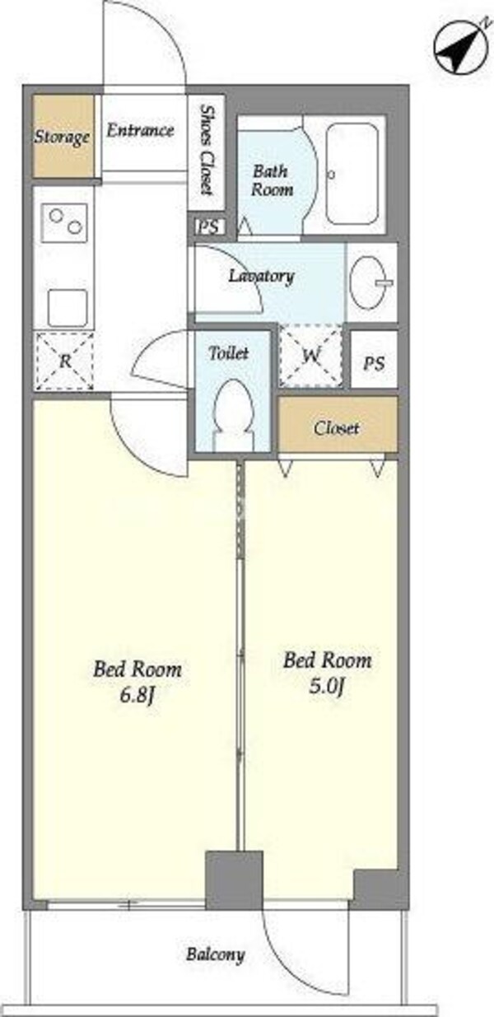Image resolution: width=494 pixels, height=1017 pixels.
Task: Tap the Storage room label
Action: pyautogui.click(x=63, y=137)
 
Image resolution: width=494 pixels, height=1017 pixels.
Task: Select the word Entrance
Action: pyautogui.click(x=140, y=131)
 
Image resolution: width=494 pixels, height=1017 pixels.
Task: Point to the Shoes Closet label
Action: pyautogui.click(x=207, y=150)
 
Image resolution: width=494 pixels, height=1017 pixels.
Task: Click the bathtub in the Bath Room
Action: pyautogui.click(x=352, y=174)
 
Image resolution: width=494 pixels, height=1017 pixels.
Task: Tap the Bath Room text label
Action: pyautogui.click(x=272, y=180)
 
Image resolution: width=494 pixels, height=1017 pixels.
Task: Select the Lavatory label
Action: pyautogui.click(x=262, y=276)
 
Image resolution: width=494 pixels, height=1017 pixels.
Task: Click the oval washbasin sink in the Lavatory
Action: pyautogui.click(x=369, y=282)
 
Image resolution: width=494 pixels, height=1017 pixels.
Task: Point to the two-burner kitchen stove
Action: pyautogui.click(x=64, y=222)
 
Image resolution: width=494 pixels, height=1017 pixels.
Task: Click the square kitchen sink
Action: pyautogui.click(x=68, y=308)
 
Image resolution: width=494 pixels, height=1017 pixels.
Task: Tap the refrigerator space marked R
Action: pyautogui.click(x=65, y=362)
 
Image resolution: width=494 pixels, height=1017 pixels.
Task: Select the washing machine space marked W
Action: pyautogui.click(x=311, y=355)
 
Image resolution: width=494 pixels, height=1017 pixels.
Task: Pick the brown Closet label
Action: pyautogui.click(x=337, y=428)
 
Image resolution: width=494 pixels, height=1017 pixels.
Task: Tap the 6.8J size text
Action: pyautogui.click(x=137, y=696)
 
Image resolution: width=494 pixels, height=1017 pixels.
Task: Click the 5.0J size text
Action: pyautogui.click(x=328, y=686)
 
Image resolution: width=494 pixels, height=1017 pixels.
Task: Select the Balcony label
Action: pyautogui.click(x=215, y=954)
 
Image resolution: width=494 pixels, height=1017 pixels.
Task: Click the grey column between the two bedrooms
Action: pyautogui.click(x=234, y=880)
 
